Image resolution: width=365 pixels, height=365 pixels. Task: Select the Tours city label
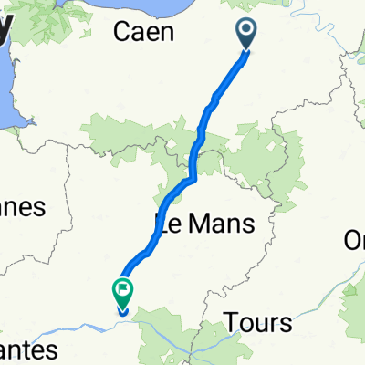point(260,322)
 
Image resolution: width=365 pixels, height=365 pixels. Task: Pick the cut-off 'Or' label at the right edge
point(354,239)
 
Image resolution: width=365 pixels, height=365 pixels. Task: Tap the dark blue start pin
point(247,34)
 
